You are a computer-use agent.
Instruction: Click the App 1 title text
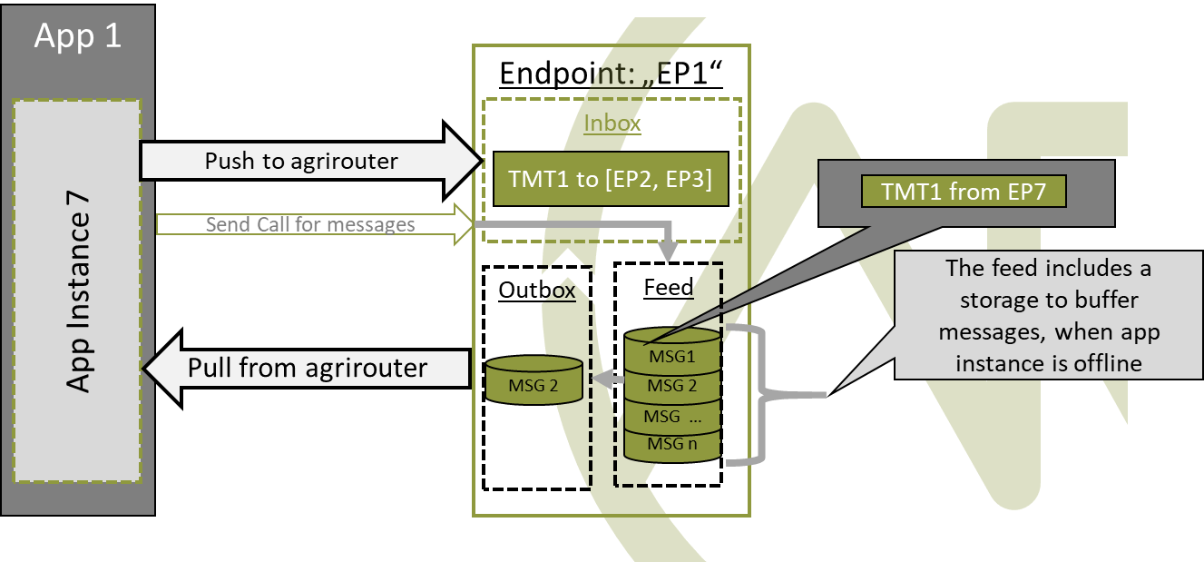tap(77, 37)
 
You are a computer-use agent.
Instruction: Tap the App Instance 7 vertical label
tap(80, 291)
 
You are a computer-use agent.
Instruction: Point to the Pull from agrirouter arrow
tap(307, 368)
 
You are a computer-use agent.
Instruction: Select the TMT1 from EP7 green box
tap(962, 192)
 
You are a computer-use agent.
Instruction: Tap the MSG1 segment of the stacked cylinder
tap(671, 357)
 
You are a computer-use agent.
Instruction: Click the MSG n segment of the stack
tap(671, 445)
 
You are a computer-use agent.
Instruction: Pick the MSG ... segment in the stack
tap(671, 416)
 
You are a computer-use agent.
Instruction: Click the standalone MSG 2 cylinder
tap(533, 383)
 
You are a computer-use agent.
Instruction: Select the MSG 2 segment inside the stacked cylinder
tap(671, 386)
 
